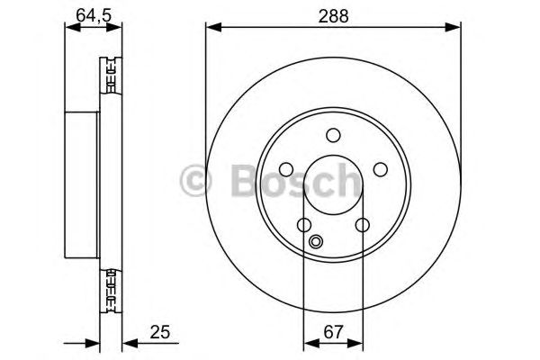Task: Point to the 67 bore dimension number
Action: point(334,332)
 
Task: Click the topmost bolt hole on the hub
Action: point(334,136)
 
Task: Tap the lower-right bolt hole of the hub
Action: point(363,226)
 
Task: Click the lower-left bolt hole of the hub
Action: point(304,226)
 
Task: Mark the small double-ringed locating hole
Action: point(316,241)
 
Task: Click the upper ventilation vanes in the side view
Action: point(111,78)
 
